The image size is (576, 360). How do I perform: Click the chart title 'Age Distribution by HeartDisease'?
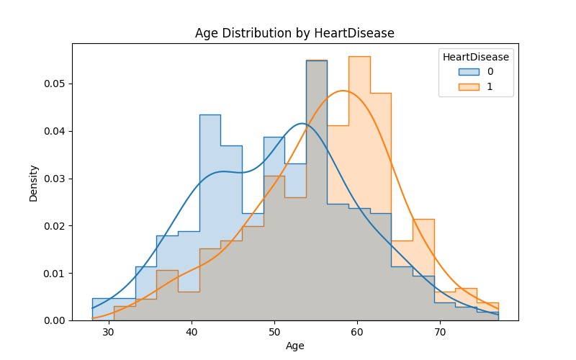click(294, 33)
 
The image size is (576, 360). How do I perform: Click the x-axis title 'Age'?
click(294, 346)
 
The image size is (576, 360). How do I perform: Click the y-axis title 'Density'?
click(34, 182)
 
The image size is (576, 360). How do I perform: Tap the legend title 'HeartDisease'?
click(476, 56)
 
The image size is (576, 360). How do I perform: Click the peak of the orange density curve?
click(343, 91)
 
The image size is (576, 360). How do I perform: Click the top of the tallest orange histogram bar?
click(359, 56)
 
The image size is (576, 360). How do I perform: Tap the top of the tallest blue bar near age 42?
click(210, 114)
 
